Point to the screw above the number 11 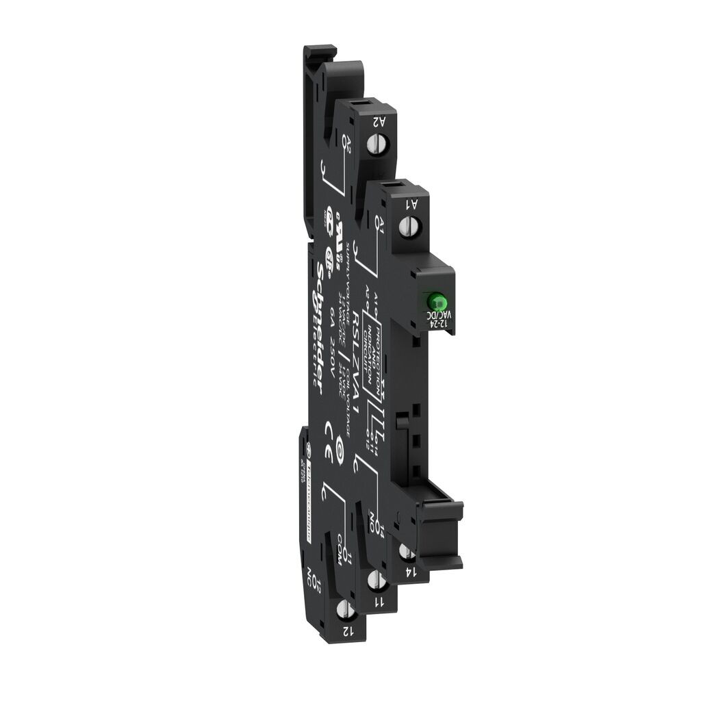(x=374, y=581)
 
